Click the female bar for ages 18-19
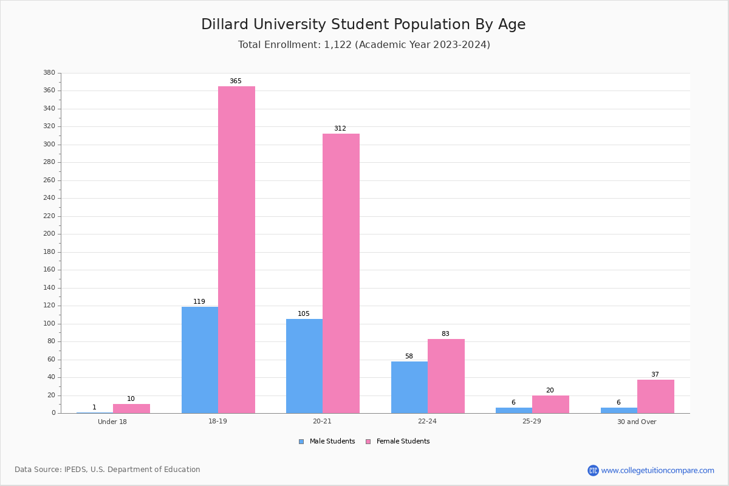coord(236,250)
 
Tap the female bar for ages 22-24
coord(446,376)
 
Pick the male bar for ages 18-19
coord(200,360)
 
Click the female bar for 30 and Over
coord(655,396)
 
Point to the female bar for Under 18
coord(131,408)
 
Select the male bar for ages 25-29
coord(514,410)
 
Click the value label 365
coord(236,81)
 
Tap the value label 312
coord(340,128)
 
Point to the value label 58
coord(409,356)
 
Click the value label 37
coord(655,374)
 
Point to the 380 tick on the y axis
coord(49,73)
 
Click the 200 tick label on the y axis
coord(49,234)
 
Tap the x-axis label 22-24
coord(427,422)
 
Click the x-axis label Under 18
coord(112,422)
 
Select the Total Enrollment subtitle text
coord(364,45)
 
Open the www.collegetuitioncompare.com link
coord(657,470)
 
